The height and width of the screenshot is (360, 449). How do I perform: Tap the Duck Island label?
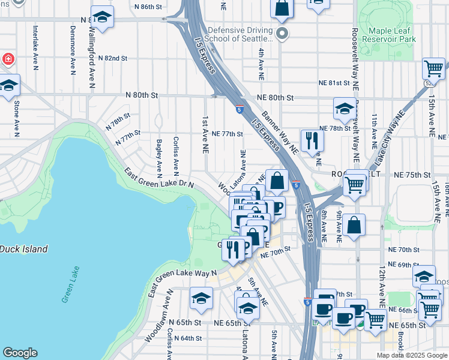click(x=23, y=248)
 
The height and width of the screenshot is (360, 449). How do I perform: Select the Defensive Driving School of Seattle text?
click(x=240, y=34)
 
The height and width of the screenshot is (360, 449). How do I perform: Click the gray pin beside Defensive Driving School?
click(x=283, y=33)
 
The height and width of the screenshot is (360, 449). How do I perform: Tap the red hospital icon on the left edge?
click(x=7, y=59)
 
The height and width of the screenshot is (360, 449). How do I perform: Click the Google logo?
click(x=20, y=353)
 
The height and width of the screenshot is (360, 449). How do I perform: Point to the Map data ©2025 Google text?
click(x=411, y=355)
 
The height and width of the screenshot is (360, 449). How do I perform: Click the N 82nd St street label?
click(x=115, y=58)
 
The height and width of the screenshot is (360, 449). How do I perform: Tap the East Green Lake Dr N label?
click(x=158, y=178)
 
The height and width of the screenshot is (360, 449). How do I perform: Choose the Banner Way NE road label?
click(x=279, y=131)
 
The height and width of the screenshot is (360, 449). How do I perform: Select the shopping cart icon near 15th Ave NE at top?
click(x=433, y=68)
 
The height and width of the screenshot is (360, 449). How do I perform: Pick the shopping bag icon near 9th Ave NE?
click(x=355, y=226)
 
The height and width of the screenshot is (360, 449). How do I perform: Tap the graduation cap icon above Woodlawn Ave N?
click(x=201, y=298)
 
